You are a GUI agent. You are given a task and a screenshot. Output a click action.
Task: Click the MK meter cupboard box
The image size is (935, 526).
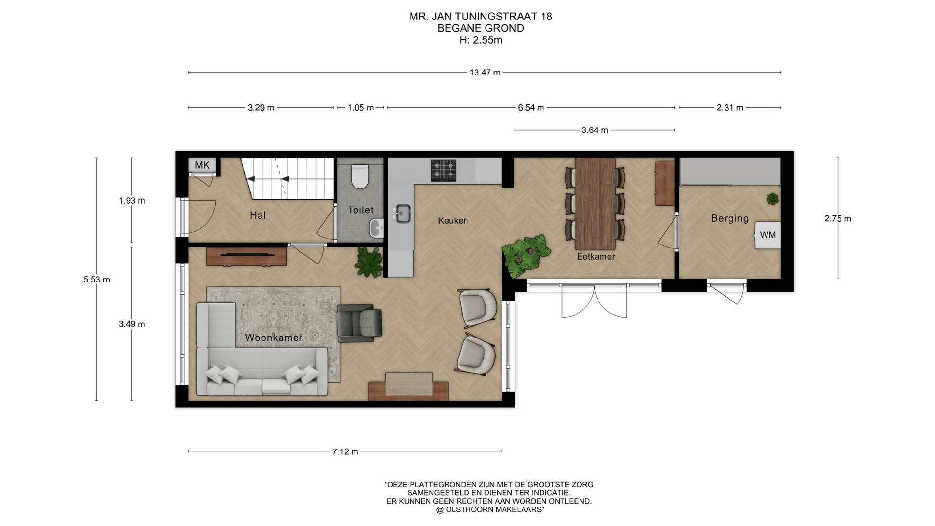[x=202, y=165]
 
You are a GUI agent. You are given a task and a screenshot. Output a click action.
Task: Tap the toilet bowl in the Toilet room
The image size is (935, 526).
[x=360, y=176]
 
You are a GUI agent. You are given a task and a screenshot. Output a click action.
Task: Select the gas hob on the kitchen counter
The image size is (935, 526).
[x=444, y=170]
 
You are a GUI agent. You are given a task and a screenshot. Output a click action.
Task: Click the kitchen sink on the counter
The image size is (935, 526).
[x=402, y=213]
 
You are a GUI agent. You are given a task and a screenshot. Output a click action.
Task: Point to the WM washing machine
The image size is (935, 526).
[x=767, y=235]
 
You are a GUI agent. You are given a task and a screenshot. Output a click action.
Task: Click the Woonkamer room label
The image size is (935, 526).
[x=274, y=338]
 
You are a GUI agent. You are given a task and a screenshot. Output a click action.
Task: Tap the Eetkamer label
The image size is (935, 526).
[x=596, y=256]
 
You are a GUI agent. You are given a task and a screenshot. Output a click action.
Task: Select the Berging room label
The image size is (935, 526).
[x=729, y=218]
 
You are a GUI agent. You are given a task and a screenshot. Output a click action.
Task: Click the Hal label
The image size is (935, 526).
[x=258, y=215]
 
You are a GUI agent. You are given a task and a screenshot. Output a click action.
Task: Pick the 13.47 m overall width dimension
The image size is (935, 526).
[x=485, y=73]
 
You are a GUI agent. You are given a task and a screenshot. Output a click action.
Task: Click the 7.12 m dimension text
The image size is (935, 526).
[x=345, y=451]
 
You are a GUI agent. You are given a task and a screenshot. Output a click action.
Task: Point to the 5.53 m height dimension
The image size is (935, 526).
[x=96, y=280]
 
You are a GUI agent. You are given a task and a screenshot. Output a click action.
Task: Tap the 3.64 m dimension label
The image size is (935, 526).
[x=595, y=130]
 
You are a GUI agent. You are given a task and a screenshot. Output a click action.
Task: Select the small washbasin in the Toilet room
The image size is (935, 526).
[x=376, y=228]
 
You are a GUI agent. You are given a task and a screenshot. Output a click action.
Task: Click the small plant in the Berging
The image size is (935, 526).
[x=772, y=199]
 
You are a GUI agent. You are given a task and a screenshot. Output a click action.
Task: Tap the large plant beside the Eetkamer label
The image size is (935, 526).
[x=526, y=256]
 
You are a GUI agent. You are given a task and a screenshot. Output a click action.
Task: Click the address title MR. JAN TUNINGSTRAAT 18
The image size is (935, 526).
[x=481, y=17]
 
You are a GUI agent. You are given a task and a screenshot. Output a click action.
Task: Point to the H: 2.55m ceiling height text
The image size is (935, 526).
[x=481, y=40]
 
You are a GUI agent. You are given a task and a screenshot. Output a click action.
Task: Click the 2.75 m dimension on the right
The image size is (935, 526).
[x=838, y=219]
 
